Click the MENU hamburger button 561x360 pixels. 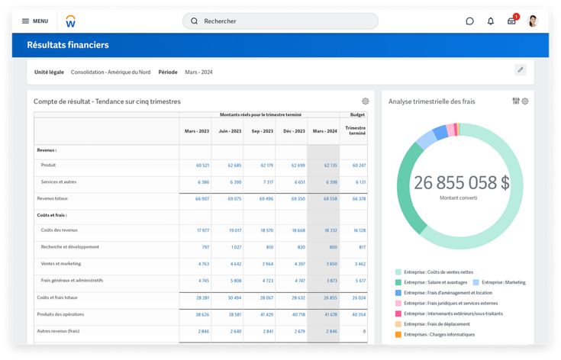[x=34, y=21]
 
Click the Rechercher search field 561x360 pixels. [x=280, y=21]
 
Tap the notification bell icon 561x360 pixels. [x=491, y=21]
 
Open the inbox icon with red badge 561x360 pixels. [x=511, y=21]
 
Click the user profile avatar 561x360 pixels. [x=533, y=21]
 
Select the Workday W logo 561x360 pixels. [x=70, y=21]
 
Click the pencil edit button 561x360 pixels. [x=521, y=70]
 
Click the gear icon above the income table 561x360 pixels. [x=366, y=101]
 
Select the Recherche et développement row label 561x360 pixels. [x=70, y=247]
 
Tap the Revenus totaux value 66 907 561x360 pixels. [x=202, y=198]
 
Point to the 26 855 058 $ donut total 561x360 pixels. [x=461, y=183]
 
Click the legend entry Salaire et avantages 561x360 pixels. [x=436, y=282]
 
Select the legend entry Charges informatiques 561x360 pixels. [x=439, y=334]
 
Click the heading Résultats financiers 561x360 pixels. [x=68, y=45]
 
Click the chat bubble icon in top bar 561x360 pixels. [x=469, y=21]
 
